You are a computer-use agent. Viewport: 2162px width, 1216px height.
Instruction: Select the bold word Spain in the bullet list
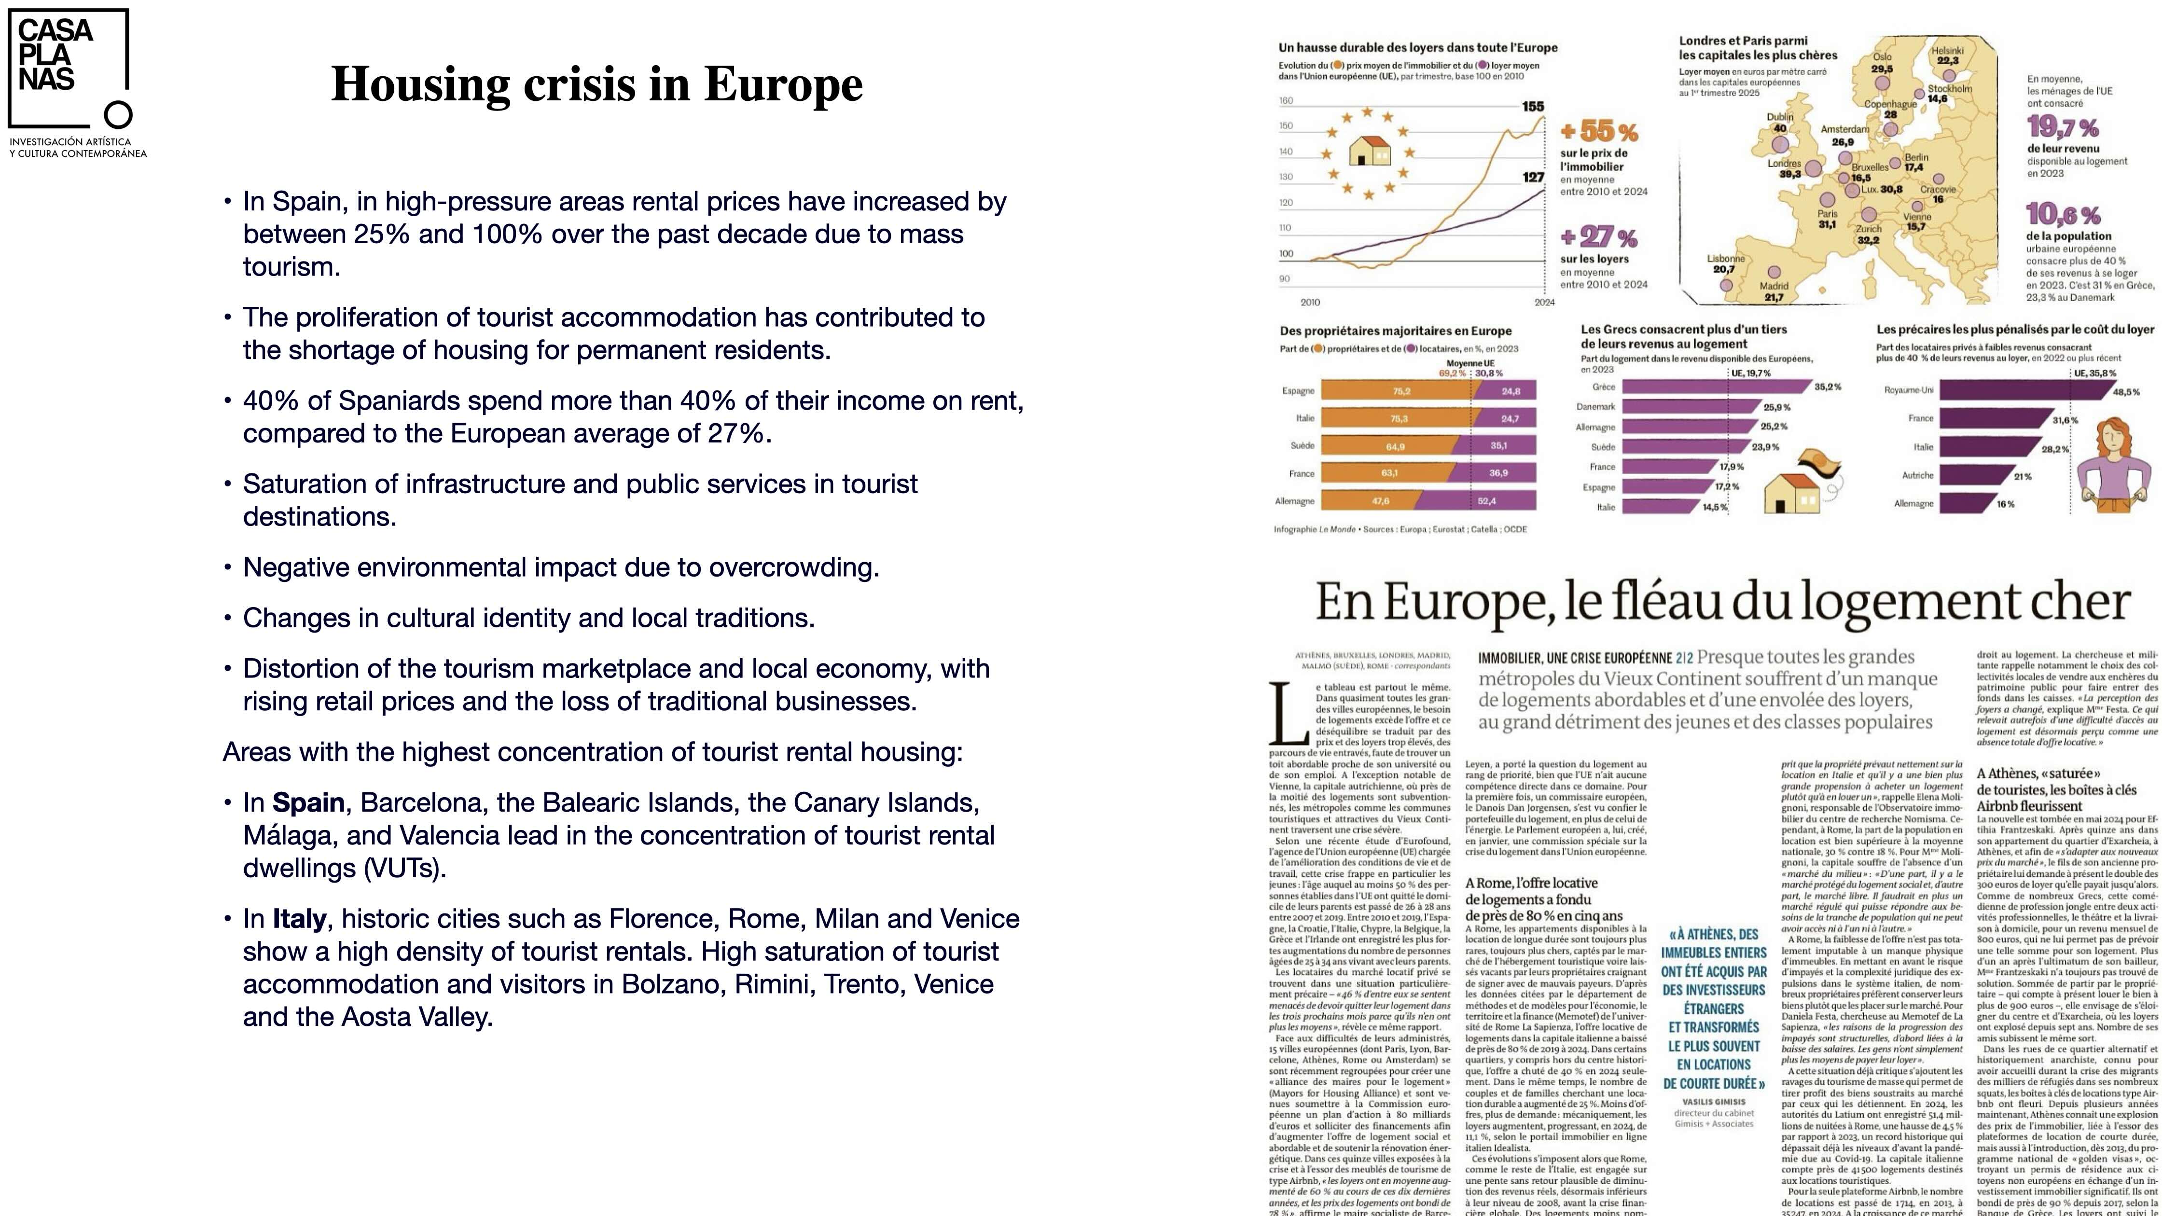(x=308, y=803)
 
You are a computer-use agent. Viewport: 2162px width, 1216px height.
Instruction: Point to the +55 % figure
(x=1599, y=132)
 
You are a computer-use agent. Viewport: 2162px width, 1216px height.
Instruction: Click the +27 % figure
(x=1599, y=236)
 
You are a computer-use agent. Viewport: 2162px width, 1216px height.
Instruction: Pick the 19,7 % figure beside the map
(x=2063, y=127)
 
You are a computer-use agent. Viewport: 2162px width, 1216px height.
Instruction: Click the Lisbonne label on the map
(x=1726, y=259)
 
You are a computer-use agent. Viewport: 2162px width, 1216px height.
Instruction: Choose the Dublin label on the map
(x=1780, y=117)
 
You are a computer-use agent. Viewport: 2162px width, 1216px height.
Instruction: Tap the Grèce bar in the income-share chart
(x=1712, y=387)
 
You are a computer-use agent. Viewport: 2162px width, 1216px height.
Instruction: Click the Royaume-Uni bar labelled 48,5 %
(x=2023, y=390)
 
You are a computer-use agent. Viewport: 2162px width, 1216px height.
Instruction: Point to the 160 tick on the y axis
(x=1286, y=101)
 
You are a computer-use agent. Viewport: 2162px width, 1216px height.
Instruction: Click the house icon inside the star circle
(x=1370, y=151)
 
